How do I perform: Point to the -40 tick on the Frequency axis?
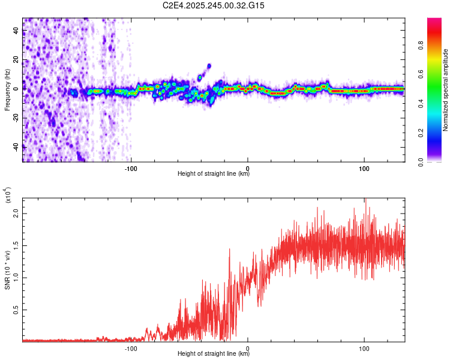tap(17, 146)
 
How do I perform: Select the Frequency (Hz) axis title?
tap(7, 90)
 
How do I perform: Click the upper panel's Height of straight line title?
tap(214, 174)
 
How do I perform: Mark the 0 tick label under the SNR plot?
tap(248, 347)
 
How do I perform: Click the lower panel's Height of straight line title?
tap(214, 354)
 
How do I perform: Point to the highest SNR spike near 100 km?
tap(365, 200)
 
